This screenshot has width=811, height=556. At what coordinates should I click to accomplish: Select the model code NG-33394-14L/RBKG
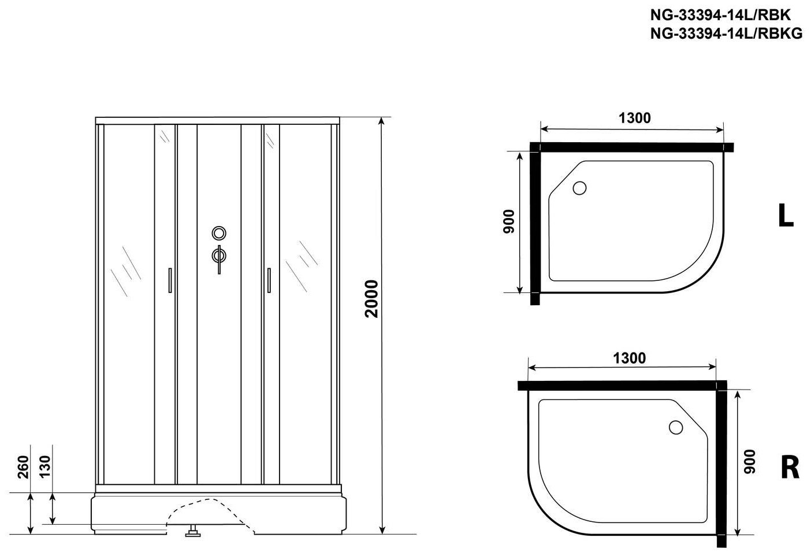point(727,34)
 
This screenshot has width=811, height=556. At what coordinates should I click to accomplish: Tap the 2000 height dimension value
point(371,299)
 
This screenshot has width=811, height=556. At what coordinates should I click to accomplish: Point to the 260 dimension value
point(23,467)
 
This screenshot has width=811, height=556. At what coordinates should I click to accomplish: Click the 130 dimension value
point(45,467)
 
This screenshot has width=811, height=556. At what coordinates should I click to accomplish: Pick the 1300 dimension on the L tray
point(635,118)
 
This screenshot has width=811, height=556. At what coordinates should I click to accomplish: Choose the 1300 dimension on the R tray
point(629,358)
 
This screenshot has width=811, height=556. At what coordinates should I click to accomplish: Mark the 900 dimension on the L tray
point(509,221)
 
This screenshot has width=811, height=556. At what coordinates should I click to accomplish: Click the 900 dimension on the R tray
point(750,461)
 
